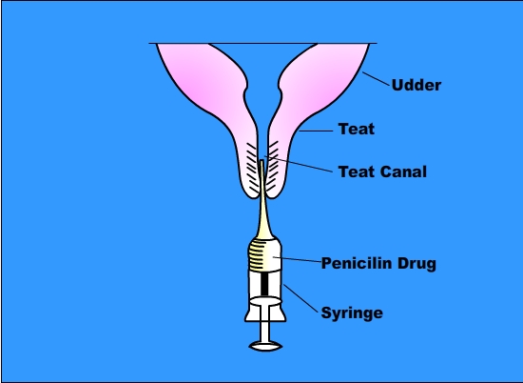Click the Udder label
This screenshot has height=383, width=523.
(416, 85)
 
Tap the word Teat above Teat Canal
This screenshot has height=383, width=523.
(357, 129)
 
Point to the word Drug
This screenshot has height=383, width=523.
(416, 264)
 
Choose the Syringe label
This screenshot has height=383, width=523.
(352, 313)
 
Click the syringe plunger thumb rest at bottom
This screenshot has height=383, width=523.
(265, 346)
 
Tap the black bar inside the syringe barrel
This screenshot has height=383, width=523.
(264, 283)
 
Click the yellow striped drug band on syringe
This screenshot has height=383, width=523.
(261, 255)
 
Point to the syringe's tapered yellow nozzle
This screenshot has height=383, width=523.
(263, 200)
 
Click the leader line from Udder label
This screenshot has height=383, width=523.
(376, 79)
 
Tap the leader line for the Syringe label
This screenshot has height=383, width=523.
(300, 298)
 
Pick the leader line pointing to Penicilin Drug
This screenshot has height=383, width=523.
(298, 259)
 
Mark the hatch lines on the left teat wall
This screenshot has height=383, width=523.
(252, 168)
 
